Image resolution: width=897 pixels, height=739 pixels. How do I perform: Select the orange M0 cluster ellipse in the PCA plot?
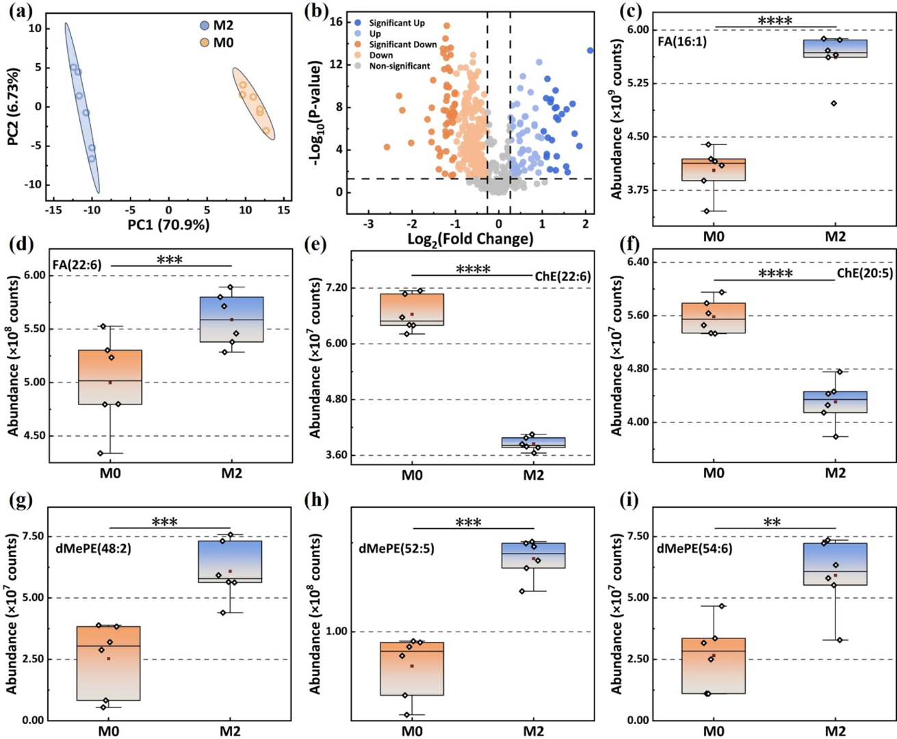(x=254, y=104)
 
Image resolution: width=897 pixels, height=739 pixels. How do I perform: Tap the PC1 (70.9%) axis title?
(x=169, y=224)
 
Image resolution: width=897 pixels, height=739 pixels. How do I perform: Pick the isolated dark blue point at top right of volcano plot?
(x=590, y=51)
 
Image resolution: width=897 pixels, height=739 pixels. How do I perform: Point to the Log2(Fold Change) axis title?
(x=469, y=239)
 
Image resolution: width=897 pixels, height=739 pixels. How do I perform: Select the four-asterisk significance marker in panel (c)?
(x=775, y=21)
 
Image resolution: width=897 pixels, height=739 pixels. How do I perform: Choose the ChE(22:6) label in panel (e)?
(x=562, y=276)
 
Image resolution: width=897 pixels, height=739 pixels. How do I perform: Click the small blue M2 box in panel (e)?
(x=533, y=442)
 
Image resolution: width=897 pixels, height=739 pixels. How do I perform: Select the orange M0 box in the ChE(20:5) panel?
(x=714, y=317)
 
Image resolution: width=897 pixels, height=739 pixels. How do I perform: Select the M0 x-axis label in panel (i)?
(x=714, y=731)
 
